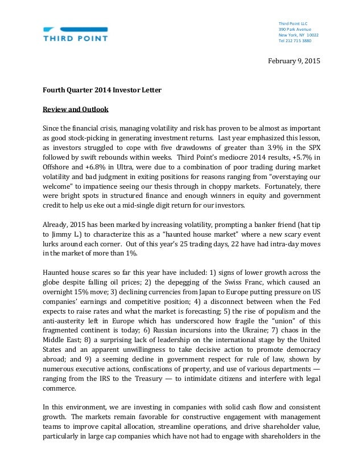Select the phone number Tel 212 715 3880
(x=294, y=41)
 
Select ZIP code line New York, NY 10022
(x=298, y=35)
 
